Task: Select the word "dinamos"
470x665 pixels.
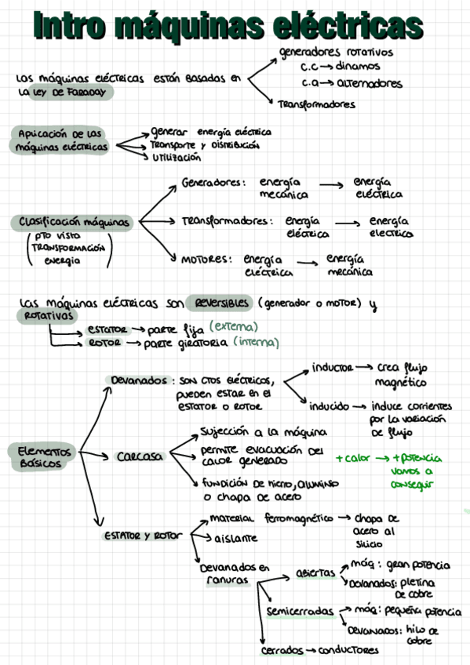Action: pyautogui.click(x=357, y=67)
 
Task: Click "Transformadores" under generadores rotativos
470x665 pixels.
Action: pyautogui.click(x=316, y=104)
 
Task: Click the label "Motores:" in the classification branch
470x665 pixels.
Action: pyautogui.click(x=206, y=259)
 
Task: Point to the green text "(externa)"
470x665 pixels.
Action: pyautogui.click(x=235, y=327)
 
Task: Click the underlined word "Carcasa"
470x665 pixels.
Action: pyautogui.click(x=140, y=456)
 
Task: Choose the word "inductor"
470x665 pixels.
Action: pyautogui.click(x=332, y=367)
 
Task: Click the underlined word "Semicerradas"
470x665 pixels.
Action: pyautogui.click(x=298, y=611)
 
